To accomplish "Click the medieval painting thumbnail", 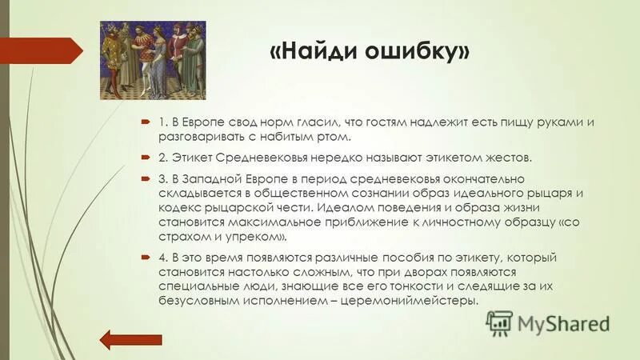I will pyautogui.click(x=152, y=61).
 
